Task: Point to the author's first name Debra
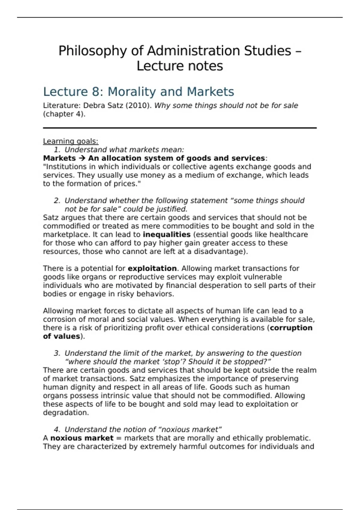pyautogui.click(x=93, y=106)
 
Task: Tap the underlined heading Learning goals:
pyautogui.click(x=70, y=141)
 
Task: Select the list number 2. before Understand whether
pyautogui.click(x=57, y=200)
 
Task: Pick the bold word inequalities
pyautogui.click(x=166, y=235)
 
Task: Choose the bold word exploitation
pyautogui.click(x=152, y=268)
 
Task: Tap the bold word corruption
pyautogui.click(x=291, y=328)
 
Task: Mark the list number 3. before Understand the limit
pyautogui.click(x=57, y=353)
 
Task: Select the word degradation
pyautogui.click(x=66, y=413)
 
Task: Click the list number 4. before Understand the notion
pyautogui.click(x=57, y=430)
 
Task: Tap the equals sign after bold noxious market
pyautogui.click(x=118, y=438)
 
